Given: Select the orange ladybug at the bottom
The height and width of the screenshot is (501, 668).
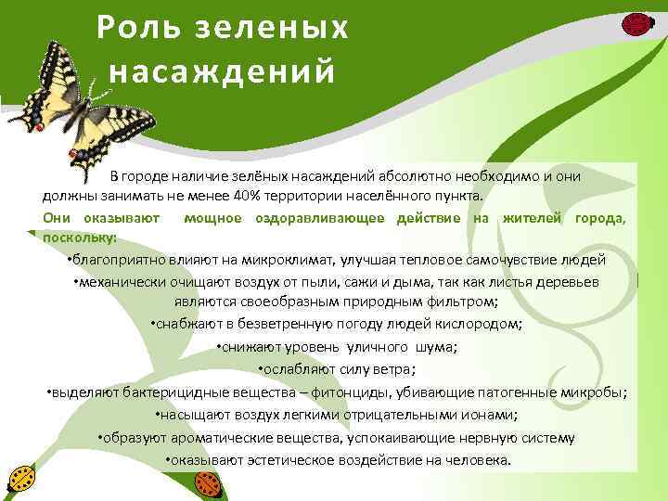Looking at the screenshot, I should tap(210, 482).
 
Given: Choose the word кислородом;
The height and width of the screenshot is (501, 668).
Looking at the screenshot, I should tap(476, 324).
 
